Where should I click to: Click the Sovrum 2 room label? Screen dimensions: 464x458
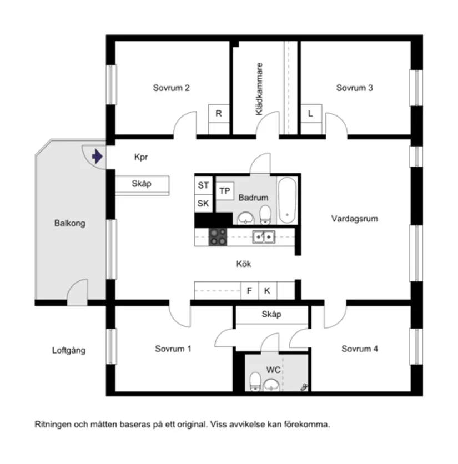(x=172, y=88)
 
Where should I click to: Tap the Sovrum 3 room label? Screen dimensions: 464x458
(x=354, y=88)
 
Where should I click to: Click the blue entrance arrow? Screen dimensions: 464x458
(x=97, y=157)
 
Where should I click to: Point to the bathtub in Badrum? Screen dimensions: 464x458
(x=288, y=200)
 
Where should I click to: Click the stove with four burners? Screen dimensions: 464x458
(x=218, y=237)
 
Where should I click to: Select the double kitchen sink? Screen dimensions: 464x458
(x=263, y=237)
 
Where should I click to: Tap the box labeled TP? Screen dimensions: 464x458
(x=225, y=191)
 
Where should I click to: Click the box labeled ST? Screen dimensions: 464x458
(x=203, y=185)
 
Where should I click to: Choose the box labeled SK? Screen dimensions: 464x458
(x=203, y=204)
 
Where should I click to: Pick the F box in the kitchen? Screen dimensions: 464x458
(x=249, y=290)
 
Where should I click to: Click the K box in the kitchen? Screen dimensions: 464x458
(x=267, y=290)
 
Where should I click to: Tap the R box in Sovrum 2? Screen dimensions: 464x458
(x=219, y=113)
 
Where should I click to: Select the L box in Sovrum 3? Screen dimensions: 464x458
(x=310, y=113)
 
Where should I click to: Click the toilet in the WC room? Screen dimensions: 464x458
(x=255, y=381)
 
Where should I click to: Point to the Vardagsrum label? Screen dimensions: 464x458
(x=354, y=219)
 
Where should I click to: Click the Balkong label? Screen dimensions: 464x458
(x=70, y=224)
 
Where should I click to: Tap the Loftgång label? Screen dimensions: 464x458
(x=69, y=350)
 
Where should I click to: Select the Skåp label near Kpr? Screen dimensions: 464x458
(x=142, y=184)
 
